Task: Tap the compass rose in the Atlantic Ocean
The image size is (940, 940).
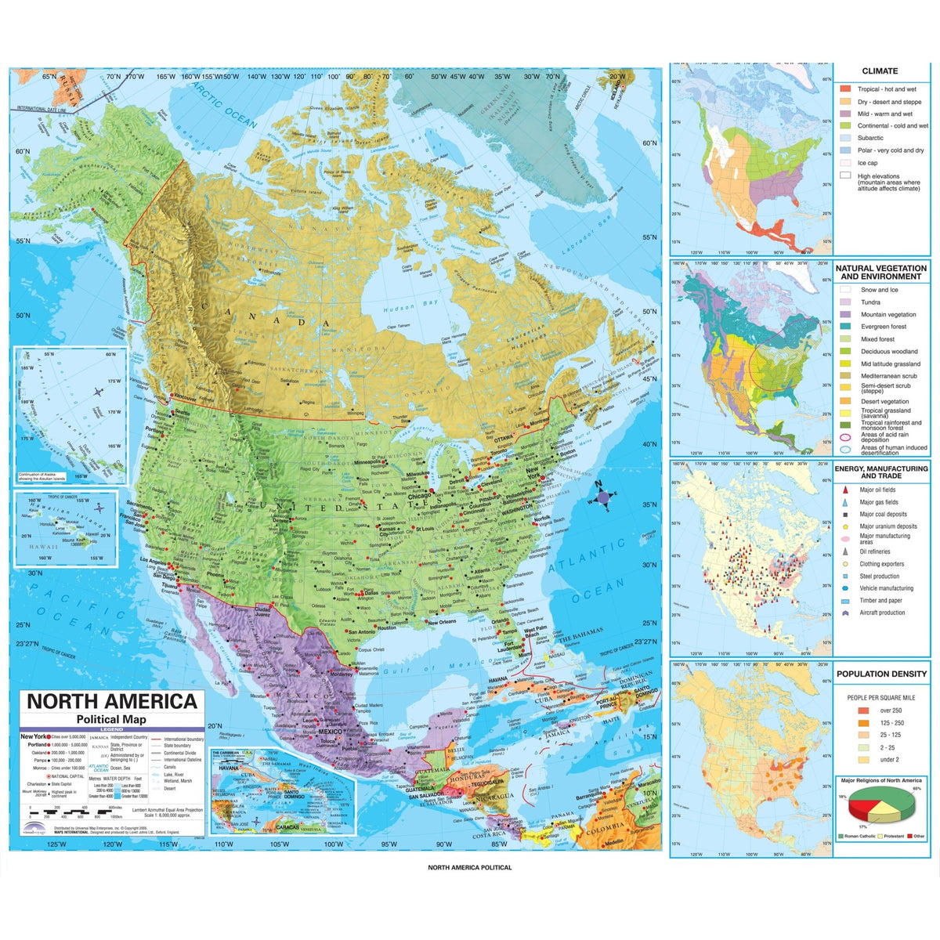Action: click(602, 497)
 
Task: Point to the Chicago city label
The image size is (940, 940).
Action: click(419, 496)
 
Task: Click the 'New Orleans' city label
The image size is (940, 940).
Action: click(441, 622)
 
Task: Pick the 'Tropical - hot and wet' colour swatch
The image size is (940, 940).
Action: click(845, 89)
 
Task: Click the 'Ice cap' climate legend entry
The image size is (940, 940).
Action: click(867, 163)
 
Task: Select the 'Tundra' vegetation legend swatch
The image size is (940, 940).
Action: click(845, 302)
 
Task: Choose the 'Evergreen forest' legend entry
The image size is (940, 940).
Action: click(883, 327)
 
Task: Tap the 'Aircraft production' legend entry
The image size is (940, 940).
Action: click(882, 613)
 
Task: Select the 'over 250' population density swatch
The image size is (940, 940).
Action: click(863, 710)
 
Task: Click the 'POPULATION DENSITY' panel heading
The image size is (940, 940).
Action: click(881, 674)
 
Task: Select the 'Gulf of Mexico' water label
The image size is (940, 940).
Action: click(439, 668)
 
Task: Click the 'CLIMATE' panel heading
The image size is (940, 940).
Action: click(880, 70)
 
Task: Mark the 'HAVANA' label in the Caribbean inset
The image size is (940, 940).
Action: click(228, 768)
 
